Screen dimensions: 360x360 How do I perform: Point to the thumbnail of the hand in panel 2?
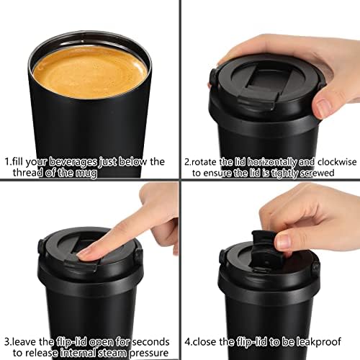tap(322, 107)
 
